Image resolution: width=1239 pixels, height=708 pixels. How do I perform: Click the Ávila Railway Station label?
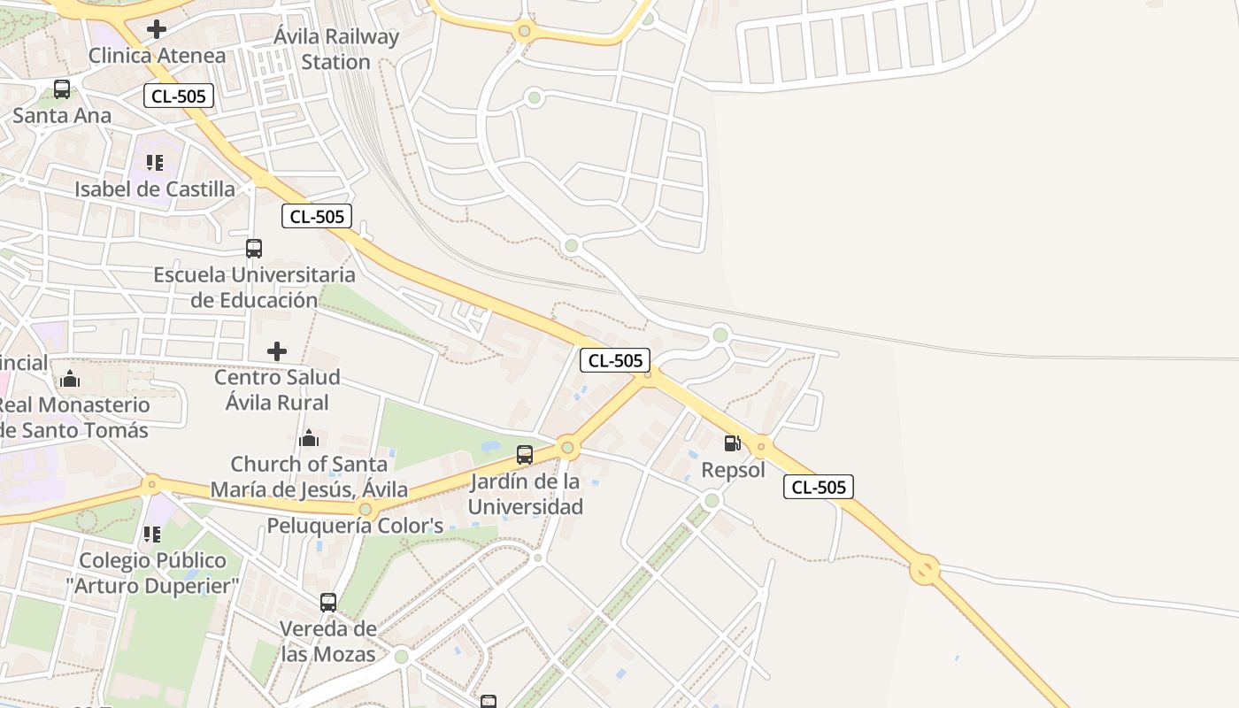336,50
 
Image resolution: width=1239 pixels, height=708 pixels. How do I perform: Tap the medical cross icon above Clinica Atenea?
157,29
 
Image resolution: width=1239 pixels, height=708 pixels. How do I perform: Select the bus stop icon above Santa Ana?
62,89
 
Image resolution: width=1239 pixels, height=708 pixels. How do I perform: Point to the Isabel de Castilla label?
155,189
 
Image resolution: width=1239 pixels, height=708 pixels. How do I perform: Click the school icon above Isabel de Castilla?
155,163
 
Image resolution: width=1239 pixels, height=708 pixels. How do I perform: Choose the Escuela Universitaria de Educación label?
254,288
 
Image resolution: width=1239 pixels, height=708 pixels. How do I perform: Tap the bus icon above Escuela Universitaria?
254,249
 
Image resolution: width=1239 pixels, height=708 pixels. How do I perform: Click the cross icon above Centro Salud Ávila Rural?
277,351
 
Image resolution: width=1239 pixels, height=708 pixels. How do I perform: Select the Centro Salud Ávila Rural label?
277,390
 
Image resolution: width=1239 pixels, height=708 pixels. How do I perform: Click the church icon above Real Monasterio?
70,380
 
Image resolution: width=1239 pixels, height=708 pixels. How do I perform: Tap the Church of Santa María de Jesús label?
309,477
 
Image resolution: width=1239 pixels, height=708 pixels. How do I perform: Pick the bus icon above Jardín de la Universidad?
525,456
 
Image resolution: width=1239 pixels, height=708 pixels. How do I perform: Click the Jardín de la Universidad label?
525,495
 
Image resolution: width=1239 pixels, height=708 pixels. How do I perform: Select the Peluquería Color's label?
355,526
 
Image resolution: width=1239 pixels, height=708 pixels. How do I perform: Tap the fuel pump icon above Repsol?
733,443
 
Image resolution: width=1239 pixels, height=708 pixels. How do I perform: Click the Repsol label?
733,470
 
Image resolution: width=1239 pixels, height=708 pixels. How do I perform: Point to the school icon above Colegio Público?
152,535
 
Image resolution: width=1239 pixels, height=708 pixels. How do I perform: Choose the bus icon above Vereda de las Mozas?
328,603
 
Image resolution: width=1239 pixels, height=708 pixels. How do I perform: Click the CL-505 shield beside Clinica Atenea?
179,96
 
